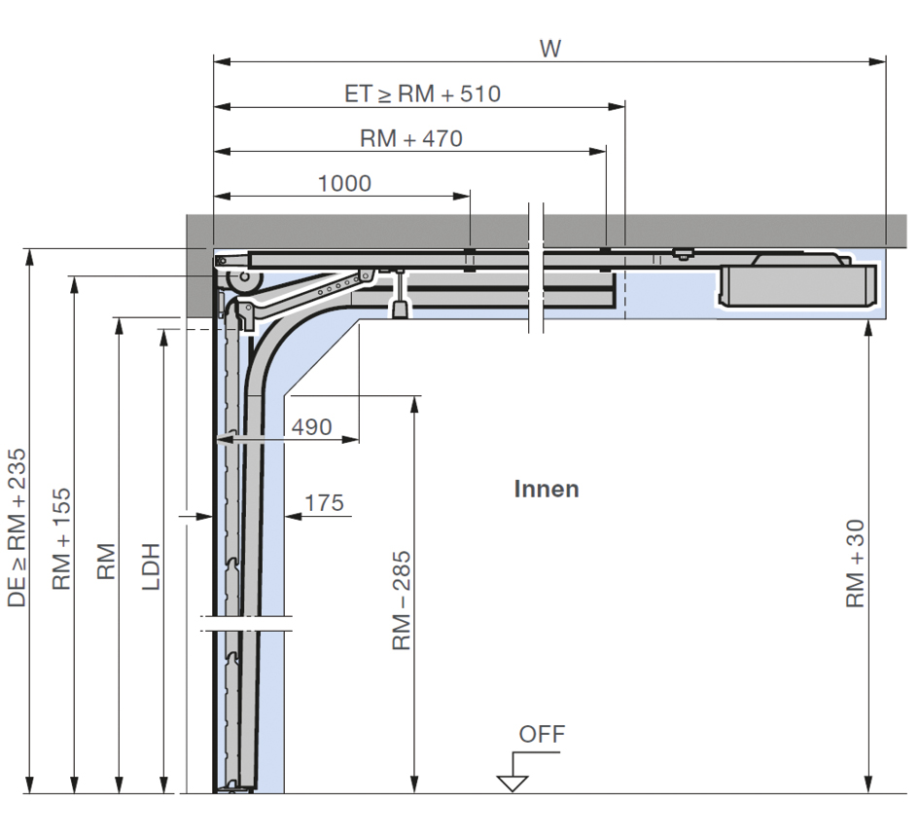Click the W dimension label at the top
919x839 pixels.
click(x=550, y=49)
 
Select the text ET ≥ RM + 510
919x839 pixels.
click(x=423, y=93)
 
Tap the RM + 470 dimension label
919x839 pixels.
click(x=411, y=138)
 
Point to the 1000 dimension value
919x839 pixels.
click(x=344, y=184)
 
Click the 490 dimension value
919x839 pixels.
click(x=312, y=427)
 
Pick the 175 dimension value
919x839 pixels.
click(x=324, y=503)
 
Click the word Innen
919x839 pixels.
click(x=547, y=490)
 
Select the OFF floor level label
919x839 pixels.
click(x=542, y=734)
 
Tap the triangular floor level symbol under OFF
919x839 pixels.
click(x=513, y=783)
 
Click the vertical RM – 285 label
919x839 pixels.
click(x=402, y=601)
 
